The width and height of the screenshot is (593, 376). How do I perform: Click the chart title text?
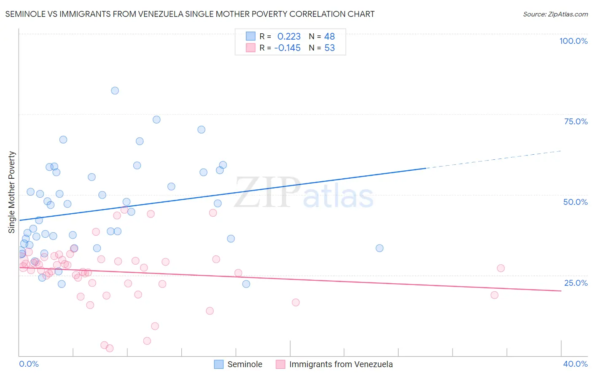click(190, 14)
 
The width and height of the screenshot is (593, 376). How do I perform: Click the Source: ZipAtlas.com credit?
click(555, 14)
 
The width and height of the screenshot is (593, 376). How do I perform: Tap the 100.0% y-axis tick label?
click(573, 41)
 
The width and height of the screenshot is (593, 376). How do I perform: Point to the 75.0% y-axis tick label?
click(576, 121)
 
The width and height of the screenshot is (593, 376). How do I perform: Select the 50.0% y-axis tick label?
click(575, 202)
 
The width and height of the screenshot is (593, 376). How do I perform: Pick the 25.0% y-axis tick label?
click(576, 282)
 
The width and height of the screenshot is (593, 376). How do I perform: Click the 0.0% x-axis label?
click(29, 364)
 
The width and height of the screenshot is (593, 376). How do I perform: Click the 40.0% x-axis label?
click(575, 364)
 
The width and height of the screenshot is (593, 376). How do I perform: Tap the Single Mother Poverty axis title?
click(12, 192)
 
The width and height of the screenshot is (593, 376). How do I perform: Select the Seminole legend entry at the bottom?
click(238, 364)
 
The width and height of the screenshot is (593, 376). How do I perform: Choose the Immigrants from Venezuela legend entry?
click(334, 364)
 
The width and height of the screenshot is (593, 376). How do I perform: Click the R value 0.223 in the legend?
click(289, 37)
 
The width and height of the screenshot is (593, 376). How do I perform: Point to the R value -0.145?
click(287, 48)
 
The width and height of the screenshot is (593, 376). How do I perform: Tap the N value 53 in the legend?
click(329, 48)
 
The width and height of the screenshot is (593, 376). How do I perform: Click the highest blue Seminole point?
click(115, 91)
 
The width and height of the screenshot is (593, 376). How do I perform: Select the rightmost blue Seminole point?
click(380, 248)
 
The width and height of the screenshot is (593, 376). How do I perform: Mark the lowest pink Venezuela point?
click(110, 348)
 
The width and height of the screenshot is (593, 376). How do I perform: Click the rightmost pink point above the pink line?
click(501, 268)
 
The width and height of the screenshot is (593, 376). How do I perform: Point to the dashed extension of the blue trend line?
click(493, 159)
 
